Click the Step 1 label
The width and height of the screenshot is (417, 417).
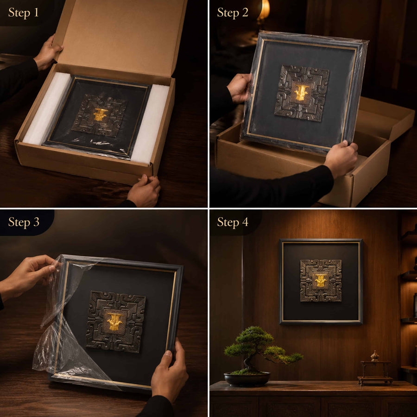(24, 13)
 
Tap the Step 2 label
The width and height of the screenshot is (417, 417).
(233, 13)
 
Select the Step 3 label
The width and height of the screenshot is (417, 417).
(24, 222)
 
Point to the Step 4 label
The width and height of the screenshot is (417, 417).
(233, 222)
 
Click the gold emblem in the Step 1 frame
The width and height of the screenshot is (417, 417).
(100, 114)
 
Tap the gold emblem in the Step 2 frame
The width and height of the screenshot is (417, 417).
(302, 93)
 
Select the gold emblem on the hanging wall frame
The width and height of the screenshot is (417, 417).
(321, 280)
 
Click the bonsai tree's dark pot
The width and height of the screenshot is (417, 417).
(247, 379)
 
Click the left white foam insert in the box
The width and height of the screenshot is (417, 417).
(47, 108)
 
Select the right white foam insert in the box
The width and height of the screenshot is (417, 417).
(150, 124)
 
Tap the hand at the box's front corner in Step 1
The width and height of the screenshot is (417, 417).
(144, 190)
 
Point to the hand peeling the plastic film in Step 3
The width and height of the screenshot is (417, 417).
(28, 276)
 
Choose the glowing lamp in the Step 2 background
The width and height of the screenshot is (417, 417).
(264, 10)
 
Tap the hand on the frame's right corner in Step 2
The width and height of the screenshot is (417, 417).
(341, 158)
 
